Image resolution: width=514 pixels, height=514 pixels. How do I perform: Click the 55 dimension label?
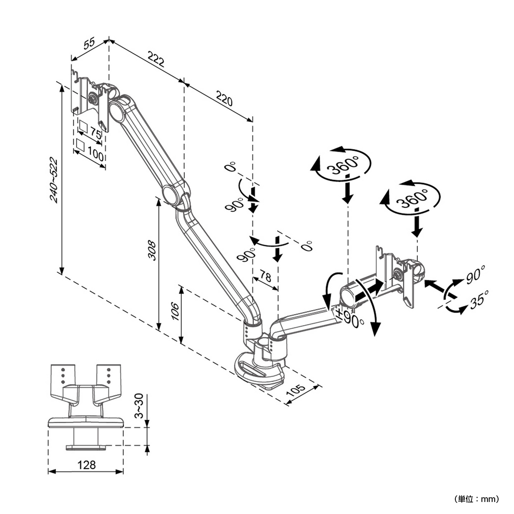point(88,44)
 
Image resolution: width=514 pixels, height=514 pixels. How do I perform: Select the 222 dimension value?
point(156,59)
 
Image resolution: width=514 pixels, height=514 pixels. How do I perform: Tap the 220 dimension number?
point(224,99)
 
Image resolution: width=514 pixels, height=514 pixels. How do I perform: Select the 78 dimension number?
point(265,277)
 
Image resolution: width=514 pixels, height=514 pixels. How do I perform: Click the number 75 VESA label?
point(96,134)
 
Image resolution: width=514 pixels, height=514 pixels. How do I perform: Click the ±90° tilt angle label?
point(350,318)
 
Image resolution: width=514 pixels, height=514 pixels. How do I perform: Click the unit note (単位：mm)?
point(476,499)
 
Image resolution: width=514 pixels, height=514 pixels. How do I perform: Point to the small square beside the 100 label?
point(80,144)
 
